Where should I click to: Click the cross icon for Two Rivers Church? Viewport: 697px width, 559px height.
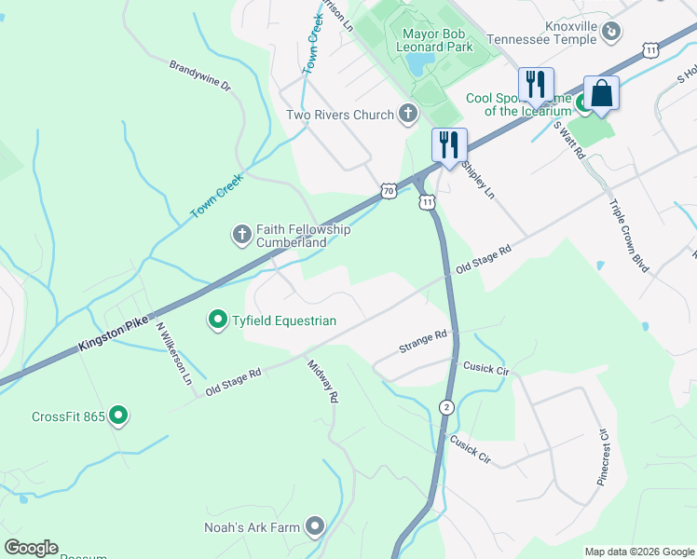tap(407, 116)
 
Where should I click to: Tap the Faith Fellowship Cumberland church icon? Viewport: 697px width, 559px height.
tap(241, 235)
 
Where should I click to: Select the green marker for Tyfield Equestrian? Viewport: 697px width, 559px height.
tap(218, 320)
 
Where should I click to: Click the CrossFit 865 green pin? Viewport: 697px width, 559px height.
tap(118, 416)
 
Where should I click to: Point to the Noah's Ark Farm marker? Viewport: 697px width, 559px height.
tap(315, 527)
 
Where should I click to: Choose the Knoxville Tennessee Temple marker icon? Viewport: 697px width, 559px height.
tap(611, 32)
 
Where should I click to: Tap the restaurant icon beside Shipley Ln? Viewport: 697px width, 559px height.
tap(449, 145)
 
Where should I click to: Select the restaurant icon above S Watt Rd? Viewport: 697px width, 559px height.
tap(536, 85)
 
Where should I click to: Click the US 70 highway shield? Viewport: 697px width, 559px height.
tap(388, 191)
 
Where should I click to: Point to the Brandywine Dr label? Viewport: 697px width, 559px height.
tap(199, 75)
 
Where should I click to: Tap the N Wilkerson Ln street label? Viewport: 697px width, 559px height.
tap(173, 354)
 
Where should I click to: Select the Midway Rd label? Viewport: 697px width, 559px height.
tap(321, 381)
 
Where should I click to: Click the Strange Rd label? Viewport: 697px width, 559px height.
tap(423, 339)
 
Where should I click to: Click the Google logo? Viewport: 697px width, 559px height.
tap(31, 548)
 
